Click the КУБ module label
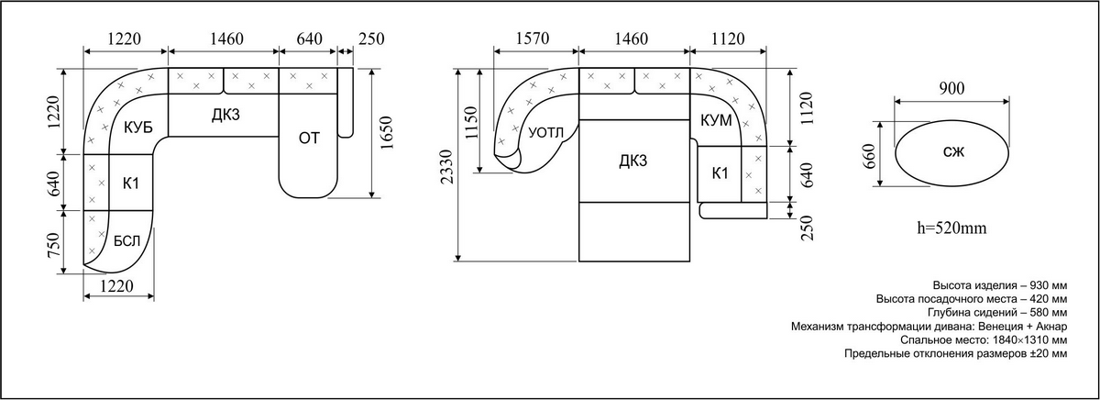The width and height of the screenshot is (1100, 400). tap(138, 128)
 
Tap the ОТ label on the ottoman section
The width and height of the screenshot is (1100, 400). tap(309, 139)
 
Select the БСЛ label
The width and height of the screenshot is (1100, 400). tap(126, 241)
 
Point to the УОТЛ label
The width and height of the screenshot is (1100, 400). tap(546, 133)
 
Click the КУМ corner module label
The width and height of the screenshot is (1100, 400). tap(716, 120)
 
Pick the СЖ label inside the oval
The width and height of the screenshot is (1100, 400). tap(953, 152)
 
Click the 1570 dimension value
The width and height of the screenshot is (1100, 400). tap(533, 39)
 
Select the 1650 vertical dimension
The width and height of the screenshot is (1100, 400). tap(387, 133)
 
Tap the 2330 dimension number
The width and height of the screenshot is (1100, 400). tap(447, 167)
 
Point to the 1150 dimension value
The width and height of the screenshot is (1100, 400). tap(470, 123)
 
